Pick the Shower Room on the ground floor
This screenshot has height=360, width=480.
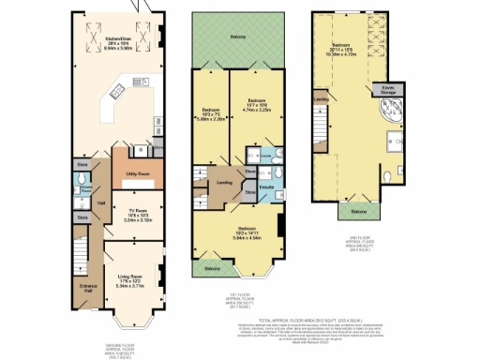click(83, 183)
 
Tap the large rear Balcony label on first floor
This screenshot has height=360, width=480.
click(238, 37)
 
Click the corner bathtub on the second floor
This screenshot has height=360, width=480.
click(384, 119)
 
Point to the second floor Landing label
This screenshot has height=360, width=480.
click(321, 98)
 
